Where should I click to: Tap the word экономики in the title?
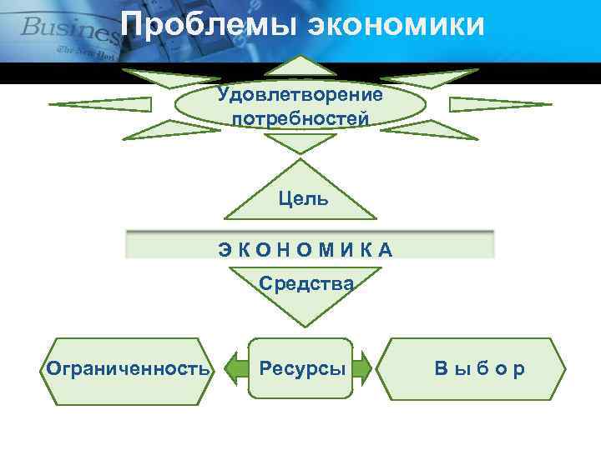[397, 25]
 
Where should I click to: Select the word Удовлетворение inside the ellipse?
[300, 93]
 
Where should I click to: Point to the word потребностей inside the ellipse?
[300, 119]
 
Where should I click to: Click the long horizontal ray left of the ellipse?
[100, 105]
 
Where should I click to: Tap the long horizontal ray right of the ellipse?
[501, 105]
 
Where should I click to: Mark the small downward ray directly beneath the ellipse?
[302, 143]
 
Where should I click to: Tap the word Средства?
[306, 283]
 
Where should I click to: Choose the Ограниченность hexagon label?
[128, 367]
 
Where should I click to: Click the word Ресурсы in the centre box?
[301, 367]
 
